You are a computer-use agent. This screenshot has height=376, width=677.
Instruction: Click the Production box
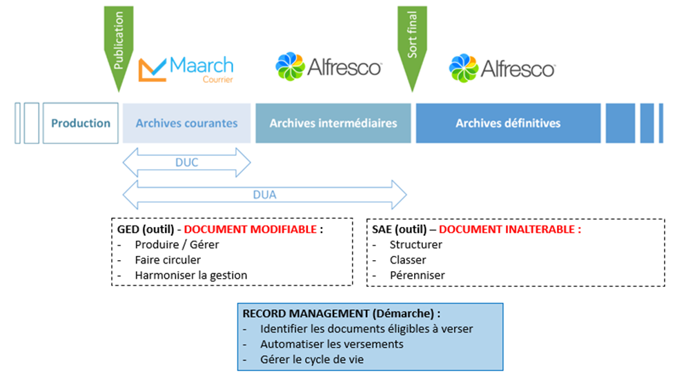point(81,123)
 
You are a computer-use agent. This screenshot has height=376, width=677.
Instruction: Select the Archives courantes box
point(186,123)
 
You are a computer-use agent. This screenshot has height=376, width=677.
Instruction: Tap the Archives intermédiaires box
point(333,123)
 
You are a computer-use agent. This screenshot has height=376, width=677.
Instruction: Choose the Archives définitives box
point(508,123)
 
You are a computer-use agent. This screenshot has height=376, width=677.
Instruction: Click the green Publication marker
point(118,45)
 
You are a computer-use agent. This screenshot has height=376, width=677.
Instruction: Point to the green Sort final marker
point(412,45)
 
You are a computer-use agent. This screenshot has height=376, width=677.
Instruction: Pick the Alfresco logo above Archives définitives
point(502,68)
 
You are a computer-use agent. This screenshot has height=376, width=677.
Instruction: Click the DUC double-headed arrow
point(186,164)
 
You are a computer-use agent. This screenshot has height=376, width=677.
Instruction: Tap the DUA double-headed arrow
point(264,194)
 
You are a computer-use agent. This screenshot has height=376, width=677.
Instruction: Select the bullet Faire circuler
point(168,260)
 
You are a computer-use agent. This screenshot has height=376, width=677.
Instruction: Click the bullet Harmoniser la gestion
point(191,275)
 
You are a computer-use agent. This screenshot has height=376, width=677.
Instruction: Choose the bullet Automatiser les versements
point(331,344)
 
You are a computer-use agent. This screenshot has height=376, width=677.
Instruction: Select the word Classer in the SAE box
point(408,260)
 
